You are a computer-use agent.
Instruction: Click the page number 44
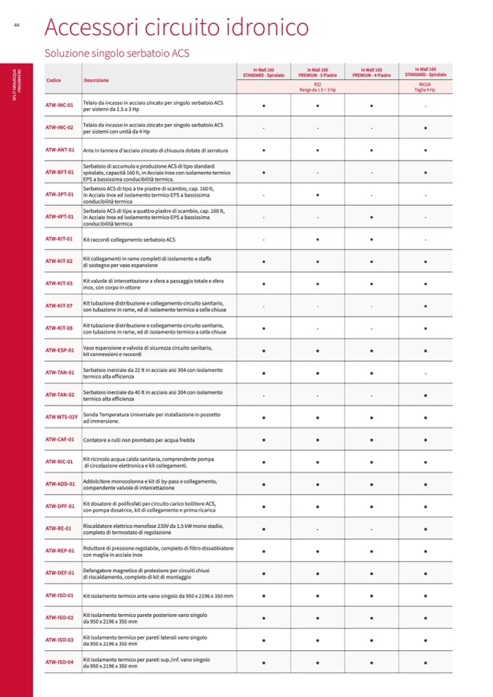[x=16, y=26]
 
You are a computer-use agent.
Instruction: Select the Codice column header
[x=53, y=80]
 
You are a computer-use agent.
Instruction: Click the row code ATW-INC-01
[x=60, y=105]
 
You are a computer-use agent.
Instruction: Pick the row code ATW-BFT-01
[x=60, y=172]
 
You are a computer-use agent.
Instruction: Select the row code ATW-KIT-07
[x=60, y=306]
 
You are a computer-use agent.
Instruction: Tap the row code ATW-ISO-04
[x=60, y=662]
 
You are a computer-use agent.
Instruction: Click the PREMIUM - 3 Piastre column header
[x=317, y=72]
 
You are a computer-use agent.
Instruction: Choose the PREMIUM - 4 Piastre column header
[x=371, y=72]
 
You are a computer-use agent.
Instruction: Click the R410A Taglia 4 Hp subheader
[x=425, y=86]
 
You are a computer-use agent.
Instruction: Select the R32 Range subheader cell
[x=318, y=86]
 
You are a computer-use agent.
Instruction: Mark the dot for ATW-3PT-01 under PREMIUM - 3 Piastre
[x=317, y=195]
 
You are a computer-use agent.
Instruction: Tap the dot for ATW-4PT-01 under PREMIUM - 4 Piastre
[x=371, y=217]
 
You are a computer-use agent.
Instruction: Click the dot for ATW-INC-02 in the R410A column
[x=425, y=128]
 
